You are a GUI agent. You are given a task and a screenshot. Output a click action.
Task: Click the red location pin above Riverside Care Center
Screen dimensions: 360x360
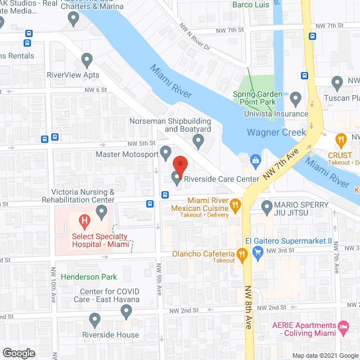[179, 165]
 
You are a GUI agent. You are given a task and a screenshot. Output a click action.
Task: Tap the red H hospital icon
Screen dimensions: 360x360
[85, 221]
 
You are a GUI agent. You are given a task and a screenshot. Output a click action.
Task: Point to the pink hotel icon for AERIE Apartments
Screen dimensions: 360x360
[343, 326]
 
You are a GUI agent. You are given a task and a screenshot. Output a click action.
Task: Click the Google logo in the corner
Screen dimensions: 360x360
[18, 353]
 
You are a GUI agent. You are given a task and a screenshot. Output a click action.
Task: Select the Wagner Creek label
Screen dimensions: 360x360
[276, 133]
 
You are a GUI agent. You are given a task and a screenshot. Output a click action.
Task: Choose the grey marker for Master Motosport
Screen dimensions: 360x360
[165, 152]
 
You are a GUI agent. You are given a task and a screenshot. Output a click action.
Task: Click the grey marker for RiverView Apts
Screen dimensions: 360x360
[87, 59]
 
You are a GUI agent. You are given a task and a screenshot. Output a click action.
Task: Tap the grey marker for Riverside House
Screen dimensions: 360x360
[94, 320]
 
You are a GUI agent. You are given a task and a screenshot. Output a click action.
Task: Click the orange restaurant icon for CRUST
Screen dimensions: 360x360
[340, 139]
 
